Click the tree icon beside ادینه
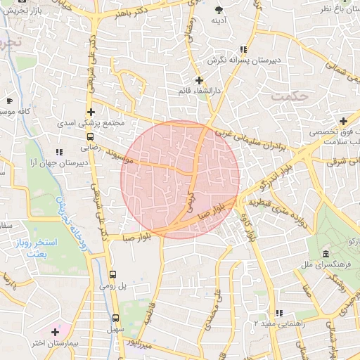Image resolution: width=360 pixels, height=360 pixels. [x=219, y=9]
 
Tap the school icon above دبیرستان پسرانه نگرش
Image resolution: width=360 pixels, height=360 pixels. [x=243, y=49]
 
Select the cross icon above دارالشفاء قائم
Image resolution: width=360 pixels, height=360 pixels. [x=200, y=80]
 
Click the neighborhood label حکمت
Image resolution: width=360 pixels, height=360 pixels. [x=290, y=95]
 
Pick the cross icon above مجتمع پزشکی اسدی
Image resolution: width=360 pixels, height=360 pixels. [x=91, y=112]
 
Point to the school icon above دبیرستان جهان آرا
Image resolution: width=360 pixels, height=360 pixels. [x=59, y=151]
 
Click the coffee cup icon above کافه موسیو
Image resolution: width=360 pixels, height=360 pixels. [x=9, y=101]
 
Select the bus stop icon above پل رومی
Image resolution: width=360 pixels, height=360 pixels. [x=113, y=274]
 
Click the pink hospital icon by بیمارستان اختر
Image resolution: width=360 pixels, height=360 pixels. [x=56, y=330]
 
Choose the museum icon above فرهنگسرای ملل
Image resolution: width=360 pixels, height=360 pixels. [x=325, y=254]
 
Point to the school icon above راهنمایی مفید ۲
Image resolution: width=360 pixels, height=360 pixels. [x=279, y=313]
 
